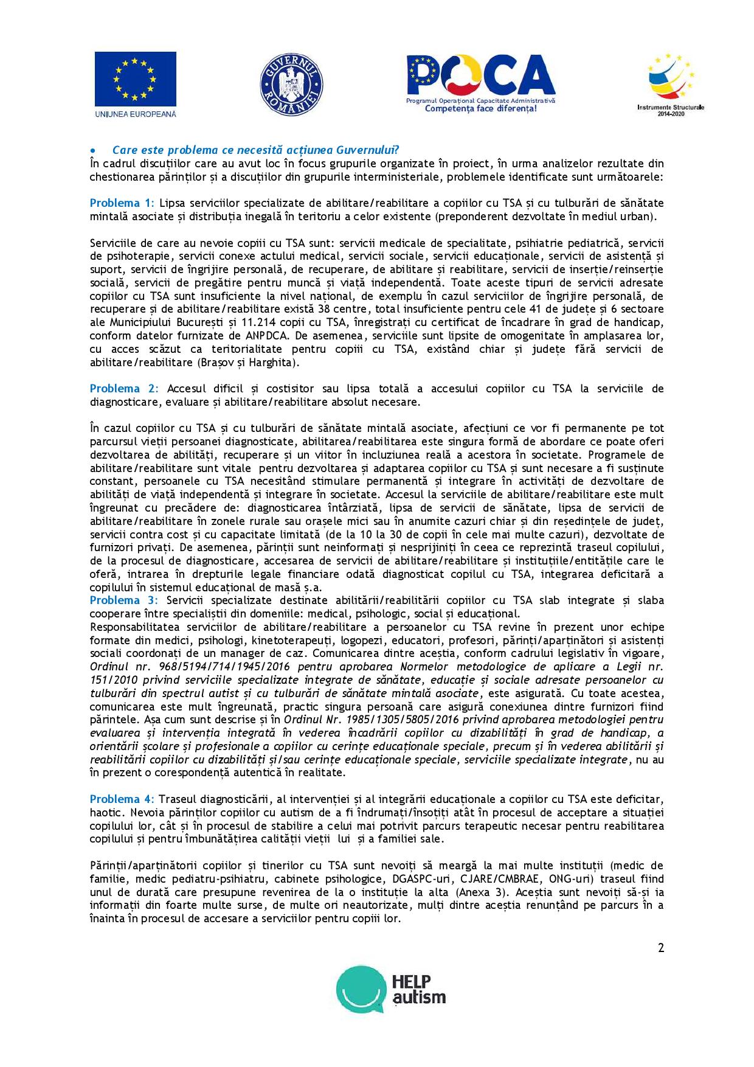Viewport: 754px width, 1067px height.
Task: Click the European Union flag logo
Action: point(135,79)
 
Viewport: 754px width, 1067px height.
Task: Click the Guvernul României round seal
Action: point(291,83)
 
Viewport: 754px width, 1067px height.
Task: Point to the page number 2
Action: point(660,948)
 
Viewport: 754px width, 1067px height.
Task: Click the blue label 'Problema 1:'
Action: point(122,203)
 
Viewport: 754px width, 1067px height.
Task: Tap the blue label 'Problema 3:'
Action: point(123,600)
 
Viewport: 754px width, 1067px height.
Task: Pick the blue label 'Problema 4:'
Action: point(122,799)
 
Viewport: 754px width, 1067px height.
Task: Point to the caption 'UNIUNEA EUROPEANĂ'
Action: point(135,114)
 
